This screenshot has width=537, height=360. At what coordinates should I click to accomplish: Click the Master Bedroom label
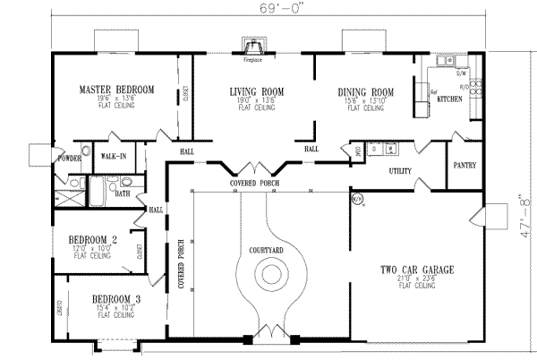point(115,90)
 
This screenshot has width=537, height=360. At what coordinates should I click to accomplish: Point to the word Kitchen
point(449,99)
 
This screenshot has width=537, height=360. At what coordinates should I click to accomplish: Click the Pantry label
point(465,166)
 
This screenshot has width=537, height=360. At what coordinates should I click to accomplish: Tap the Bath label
point(122,193)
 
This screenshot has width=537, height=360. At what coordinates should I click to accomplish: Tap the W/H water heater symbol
point(357,197)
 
